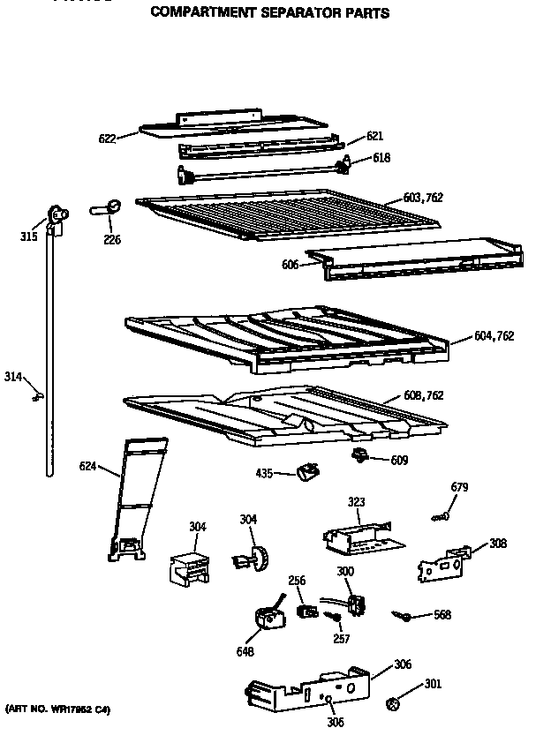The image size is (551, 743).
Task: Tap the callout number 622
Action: pyautogui.click(x=108, y=138)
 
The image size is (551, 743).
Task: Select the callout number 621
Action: pyautogui.click(x=374, y=136)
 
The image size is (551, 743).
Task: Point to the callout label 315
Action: pyautogui.click(x=29, y=236)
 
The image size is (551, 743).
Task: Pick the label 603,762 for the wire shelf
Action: pyautogui.click(x=421, y=198)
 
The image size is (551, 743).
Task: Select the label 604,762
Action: pyautogui.click(x=494, y=335)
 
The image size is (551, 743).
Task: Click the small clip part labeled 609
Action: pyautogui.click(x=359, y=454)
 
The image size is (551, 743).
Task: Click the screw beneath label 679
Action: pyautogui.click(x=442, y=516)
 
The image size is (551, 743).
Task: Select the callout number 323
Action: pyautogui.click(x=355, y=501)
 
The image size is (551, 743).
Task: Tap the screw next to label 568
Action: pyautogui.click(x=404, y=616)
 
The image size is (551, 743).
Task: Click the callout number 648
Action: pyautogui.click(x=245, y=652)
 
